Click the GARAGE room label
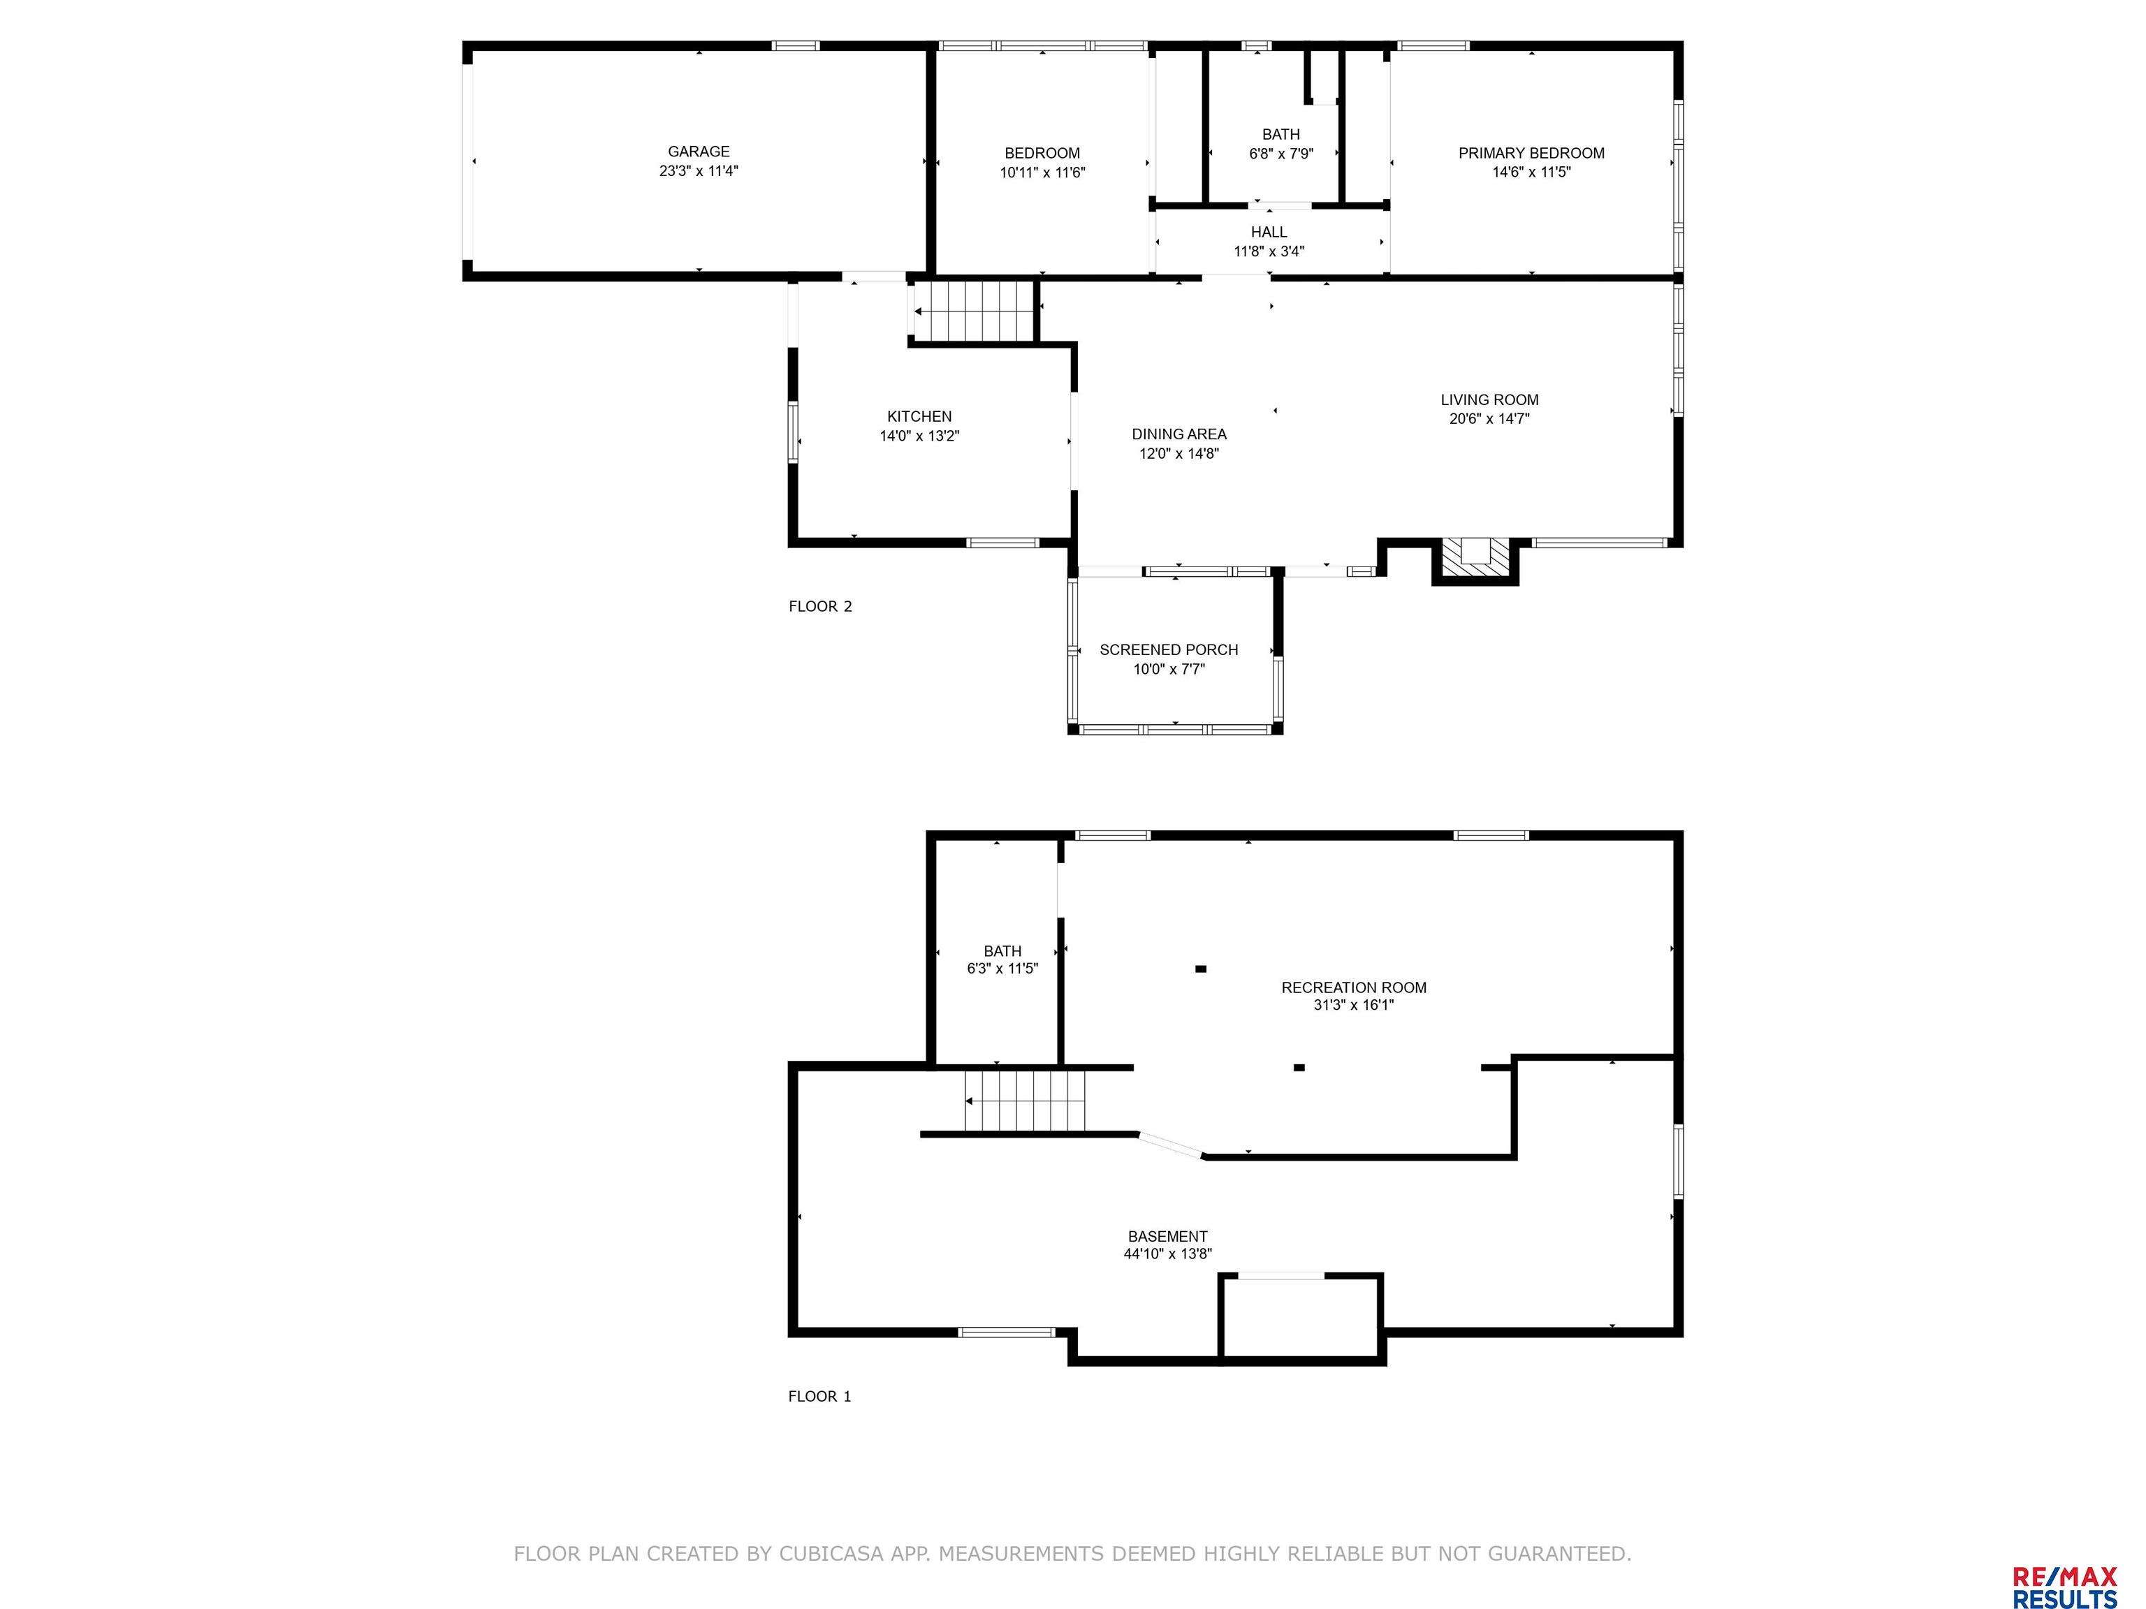[x=699, y=152]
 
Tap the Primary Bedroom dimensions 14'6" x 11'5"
[x=1531, y=172]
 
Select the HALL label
[x=1269, y=233]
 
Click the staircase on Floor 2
[x=972, y=311]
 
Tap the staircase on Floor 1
[x=1025, y=1100]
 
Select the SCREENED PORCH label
[x=1169, y=649]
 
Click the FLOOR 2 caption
[x=820, y=607]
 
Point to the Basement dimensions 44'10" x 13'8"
[x=1168, y=1254]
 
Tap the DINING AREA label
[x=1178, y=434]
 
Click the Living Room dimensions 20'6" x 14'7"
[x=1489, y=419]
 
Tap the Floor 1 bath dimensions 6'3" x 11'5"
[x=1002, y=969]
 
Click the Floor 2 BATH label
[x=1280, y=135]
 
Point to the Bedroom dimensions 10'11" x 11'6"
[x=1042, y=172]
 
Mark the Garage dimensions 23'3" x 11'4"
[x=699, y=170]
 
